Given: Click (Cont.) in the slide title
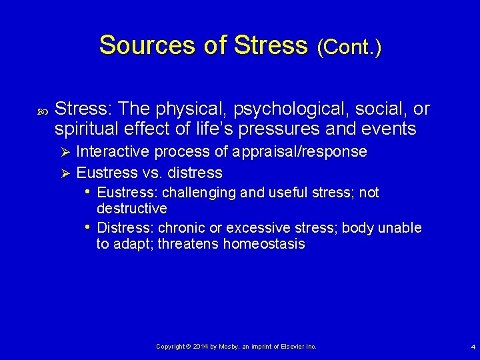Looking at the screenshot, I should click(x=349, y=47).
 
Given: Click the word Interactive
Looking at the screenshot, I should click(x=113, y=152).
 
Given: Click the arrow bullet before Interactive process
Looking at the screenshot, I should click(x=65, y=152).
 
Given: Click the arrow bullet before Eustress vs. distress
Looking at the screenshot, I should click(x=65, y=173).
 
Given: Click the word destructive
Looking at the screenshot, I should click(x=132, y=209).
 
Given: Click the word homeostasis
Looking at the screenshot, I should click(x=264, y=244).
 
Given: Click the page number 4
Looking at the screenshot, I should click(x=473, y=347).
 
